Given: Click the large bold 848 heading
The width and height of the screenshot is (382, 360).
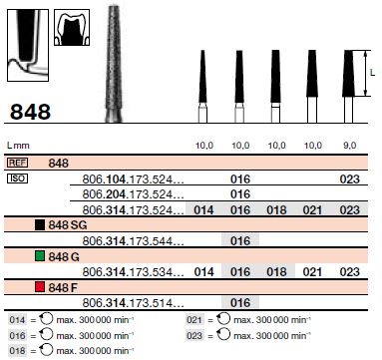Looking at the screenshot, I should (x=30, y=110).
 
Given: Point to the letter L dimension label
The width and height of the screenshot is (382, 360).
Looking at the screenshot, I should (x=372, y=74).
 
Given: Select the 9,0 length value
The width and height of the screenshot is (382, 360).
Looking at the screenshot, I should (x=349, y=145).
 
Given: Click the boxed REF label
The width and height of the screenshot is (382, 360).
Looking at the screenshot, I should (x=18, y=162).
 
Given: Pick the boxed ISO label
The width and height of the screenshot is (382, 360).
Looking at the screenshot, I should (x=18, y=178).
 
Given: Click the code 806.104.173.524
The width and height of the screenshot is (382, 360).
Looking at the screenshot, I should (x=133, y=179).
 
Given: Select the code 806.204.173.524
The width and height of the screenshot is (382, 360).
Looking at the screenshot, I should (x=133, y=194).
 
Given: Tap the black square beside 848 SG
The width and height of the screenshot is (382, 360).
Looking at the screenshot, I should (x=39, y=225).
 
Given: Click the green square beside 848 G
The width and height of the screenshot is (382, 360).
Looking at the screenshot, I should (x=39, y=256).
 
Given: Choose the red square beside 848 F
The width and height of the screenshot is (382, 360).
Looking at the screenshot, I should (x=39, y=287).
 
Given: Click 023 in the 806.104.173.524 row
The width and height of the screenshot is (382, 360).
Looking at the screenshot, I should (x=349, y=179).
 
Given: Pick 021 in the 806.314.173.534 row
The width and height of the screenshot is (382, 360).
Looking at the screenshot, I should (x=312, y=271).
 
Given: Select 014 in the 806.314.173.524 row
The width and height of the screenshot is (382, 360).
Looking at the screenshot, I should (x=202, y=210).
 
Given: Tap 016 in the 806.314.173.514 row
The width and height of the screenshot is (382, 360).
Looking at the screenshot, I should (x=239, y=302).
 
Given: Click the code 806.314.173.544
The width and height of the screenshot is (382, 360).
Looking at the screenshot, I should (x=133, y=240).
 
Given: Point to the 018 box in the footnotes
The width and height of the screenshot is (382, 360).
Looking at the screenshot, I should (x=17, y=350).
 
